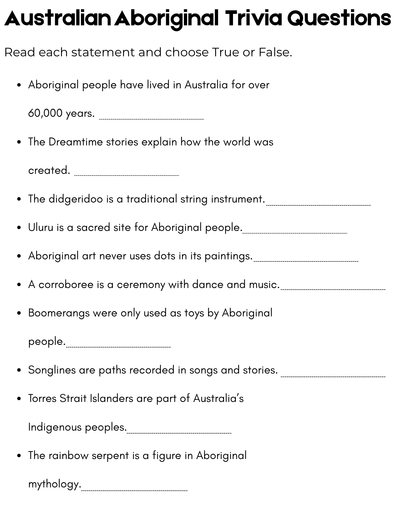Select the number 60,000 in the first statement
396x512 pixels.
45,113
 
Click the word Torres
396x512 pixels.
42,399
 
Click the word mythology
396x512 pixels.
55,484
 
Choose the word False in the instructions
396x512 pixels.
275,52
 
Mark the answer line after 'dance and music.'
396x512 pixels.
333,290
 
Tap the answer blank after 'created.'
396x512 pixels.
127,175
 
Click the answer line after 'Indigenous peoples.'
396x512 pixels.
179,433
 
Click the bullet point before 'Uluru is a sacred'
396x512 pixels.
19,228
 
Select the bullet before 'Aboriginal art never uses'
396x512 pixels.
19,256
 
